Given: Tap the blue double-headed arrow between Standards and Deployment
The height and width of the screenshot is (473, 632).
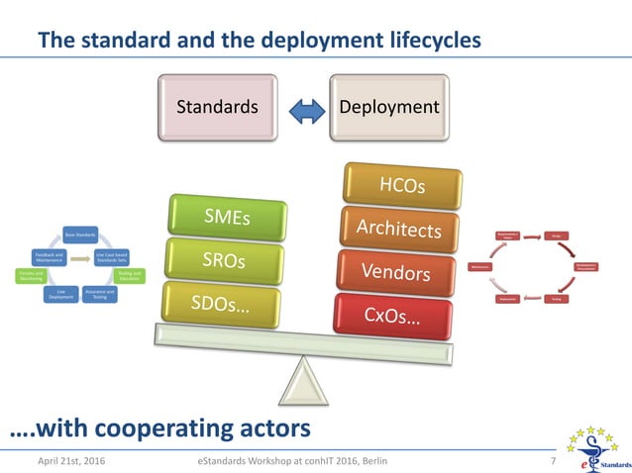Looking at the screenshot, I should (303, 107).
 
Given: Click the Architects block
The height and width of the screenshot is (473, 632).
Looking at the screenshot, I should (398, 229).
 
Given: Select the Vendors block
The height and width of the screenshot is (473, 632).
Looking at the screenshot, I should (394, 271).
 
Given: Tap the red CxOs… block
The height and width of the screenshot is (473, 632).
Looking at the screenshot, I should (392, 316).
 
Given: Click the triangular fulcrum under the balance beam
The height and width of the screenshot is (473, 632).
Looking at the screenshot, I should (302, 380).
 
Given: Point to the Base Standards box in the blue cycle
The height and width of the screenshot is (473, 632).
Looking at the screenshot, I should (79, 235).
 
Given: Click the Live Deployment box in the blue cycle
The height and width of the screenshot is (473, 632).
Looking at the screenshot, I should (60, 294).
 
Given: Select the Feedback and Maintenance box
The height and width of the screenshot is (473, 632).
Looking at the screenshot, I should (50, 256).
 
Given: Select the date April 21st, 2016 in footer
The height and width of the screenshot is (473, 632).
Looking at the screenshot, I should (72, 461).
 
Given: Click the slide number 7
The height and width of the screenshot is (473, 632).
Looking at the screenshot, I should (552, 461).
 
